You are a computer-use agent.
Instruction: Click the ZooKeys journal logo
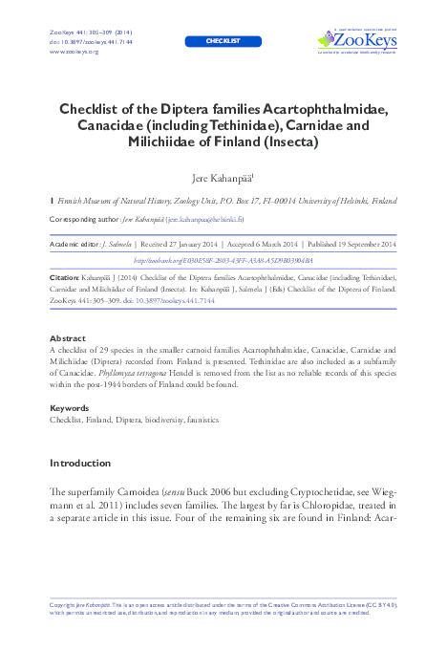click(x=356, y=40)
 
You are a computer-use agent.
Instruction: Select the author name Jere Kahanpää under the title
click(x=223, y=178)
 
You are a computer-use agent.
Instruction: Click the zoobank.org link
click(x=223, y=260)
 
